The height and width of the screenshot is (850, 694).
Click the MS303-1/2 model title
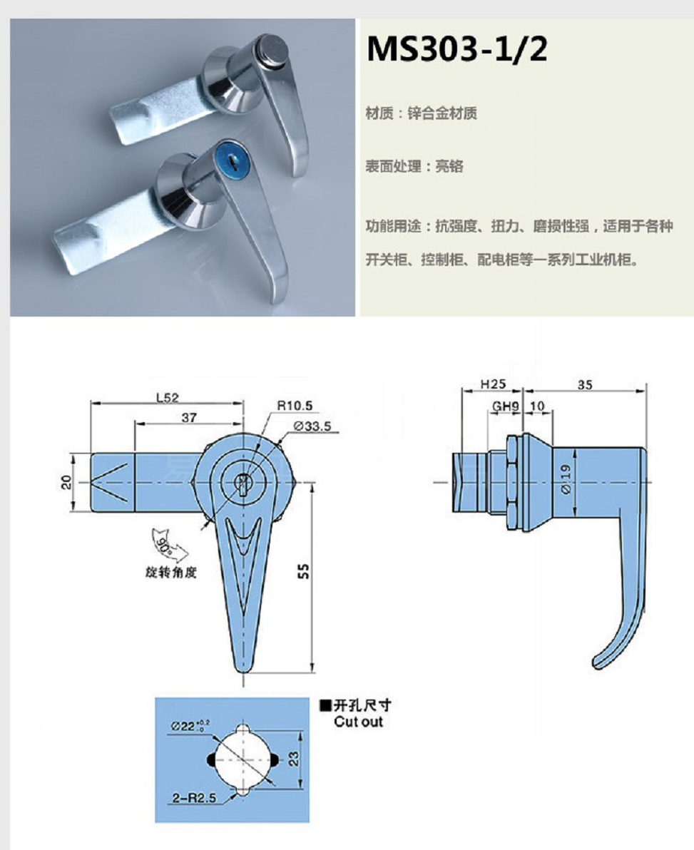(x=456, y=49)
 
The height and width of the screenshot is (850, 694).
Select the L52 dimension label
(x=167, y=397)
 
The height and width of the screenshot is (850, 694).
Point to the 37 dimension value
(x=189, y=417)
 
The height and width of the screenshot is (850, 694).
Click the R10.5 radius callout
(x=295, y=406)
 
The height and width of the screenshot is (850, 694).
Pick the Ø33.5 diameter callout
(x=312, y=426)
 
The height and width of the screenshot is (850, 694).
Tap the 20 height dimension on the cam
(x=66, y=482)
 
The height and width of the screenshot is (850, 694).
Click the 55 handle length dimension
(x=304, y=570)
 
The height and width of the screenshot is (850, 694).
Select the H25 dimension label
(x=493, y=384)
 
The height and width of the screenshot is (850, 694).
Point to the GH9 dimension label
(x=505, y=406)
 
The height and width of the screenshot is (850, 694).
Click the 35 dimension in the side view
(x=584, y=384)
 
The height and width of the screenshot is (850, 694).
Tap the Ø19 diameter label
(x=566, y=478)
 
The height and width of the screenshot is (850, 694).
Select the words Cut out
(x=358, y=722)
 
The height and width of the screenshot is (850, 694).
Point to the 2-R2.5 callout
(x=194, y=797)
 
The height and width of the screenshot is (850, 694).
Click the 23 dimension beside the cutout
(x=293, y=759)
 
